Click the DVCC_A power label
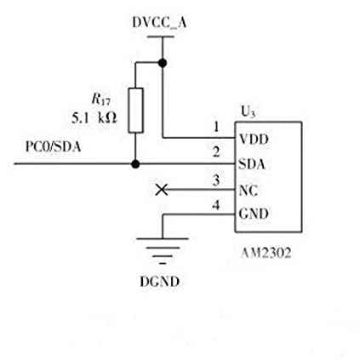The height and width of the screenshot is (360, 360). click(159, 23)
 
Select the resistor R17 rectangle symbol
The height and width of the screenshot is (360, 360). click(135, 111)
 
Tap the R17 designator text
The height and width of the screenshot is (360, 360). click(101, 100)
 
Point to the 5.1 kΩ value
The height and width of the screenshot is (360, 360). click(94, 117)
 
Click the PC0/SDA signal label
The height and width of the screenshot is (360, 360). click(53, 146)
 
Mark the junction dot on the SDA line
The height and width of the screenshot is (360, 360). click(135, 163)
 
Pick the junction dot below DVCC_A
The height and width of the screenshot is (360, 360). click(163, 63)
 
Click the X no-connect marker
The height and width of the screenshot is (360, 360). click(162, 190)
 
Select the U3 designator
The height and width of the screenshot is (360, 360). click(248, 111)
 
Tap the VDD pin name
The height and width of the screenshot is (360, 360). click(254, 140)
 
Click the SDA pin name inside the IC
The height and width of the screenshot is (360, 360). click(252, 164)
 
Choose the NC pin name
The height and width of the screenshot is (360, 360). click(249, 191)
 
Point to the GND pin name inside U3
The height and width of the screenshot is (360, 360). click(254, 214)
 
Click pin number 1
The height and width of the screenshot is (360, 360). click(216, 127)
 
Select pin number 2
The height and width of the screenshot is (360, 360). click(216, 152)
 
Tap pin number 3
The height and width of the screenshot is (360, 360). click(216, 180)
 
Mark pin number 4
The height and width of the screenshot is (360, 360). click(216, 205)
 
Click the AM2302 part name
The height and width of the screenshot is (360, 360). click(266, 253)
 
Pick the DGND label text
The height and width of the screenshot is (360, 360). click(160, 282)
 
